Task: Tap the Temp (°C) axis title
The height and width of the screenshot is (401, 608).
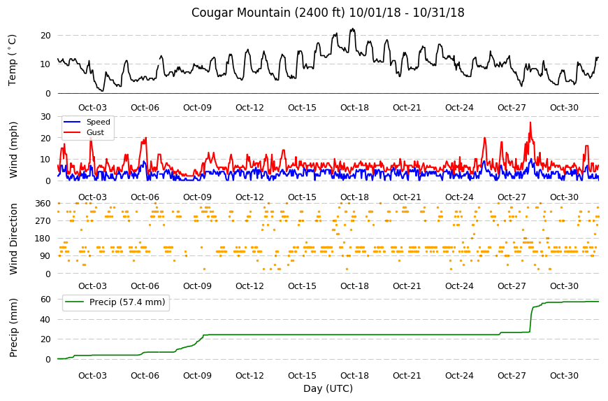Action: tap(13, 59)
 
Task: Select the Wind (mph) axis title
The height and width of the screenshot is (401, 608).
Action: tap(13, 150)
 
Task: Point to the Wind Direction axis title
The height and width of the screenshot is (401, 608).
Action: tap(13, 239)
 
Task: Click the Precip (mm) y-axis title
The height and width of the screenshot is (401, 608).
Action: tap(13, 328)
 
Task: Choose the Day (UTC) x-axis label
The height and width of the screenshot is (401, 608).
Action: tap(328, 388)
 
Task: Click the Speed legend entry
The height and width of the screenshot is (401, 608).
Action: tap(99, 122)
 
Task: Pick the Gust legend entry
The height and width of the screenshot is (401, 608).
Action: tap(95, 132)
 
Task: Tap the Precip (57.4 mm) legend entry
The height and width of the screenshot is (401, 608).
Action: tap(127, 302)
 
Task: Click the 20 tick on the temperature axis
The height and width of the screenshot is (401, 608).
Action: tap(45, 35)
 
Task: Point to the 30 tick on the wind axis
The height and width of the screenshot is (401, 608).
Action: tap(45, 116)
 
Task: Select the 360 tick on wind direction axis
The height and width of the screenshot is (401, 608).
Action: tap(43, 204)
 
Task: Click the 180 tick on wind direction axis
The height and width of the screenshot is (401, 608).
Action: tap(43, 239)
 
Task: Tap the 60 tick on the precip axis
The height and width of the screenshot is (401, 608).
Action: tap(45, 300)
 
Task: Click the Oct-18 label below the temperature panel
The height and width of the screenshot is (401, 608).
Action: tap(354, 108)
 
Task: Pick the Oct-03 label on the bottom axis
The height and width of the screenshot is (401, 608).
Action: tap(92, 376)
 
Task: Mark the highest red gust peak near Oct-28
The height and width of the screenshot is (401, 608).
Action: tap(530, 122)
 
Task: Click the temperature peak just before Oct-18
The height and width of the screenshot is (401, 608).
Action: tap(352, 29)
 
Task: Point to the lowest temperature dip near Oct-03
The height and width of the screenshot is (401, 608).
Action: tap(102, 91)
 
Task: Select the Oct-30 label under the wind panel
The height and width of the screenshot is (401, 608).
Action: tap(564, 197)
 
